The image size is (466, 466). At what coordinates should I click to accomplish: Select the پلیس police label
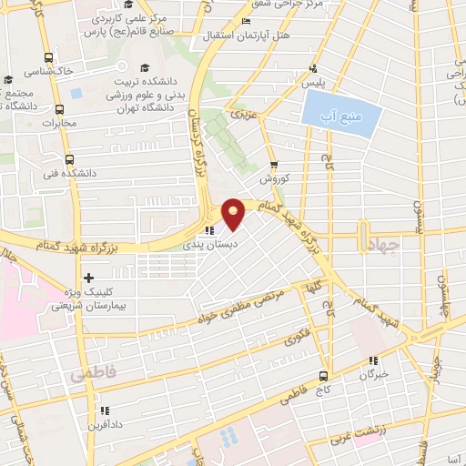313,82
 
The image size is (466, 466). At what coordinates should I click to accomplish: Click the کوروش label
274,179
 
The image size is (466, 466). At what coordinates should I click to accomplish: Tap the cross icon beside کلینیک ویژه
87,279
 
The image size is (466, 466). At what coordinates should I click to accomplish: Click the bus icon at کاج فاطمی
324,376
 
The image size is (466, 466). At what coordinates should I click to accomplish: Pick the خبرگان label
373,374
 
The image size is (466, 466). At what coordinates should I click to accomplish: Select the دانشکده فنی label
75,172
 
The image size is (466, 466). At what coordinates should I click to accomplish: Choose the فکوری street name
298,341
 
